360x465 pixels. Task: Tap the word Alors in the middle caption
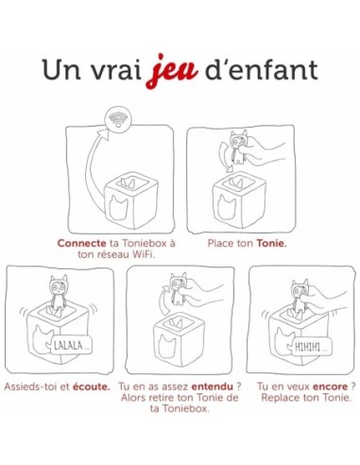click(136, 400)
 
